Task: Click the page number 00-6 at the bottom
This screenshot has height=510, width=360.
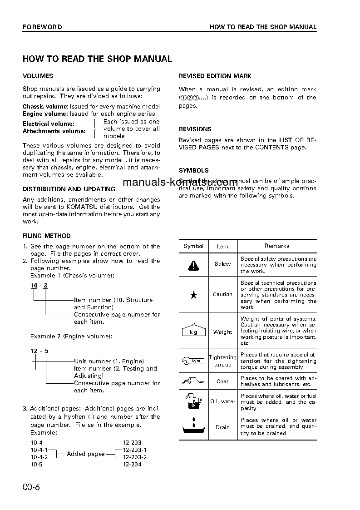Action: (x=31, y=487)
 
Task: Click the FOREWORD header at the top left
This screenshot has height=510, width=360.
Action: (x=42, y=27)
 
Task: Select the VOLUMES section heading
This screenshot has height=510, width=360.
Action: (x=38, y=76)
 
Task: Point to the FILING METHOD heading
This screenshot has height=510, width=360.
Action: (x=47, y=236)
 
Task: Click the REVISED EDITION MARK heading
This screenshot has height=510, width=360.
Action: (x=215, y=76)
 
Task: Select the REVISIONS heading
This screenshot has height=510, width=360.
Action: (x=195, y=129)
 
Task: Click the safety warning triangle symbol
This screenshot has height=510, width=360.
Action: (x=193, y=265)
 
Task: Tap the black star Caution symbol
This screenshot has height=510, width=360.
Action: (x=193, y=295)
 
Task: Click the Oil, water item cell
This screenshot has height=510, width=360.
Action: (x=222, y=401)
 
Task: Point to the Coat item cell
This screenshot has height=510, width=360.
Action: (x=222, y=381)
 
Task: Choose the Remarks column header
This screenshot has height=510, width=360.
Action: (x=277, y=246)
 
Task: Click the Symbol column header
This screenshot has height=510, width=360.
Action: (x=193, y=246)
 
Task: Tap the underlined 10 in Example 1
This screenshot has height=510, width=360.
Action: (x=34, y=285)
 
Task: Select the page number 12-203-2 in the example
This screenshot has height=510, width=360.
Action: (x=135, y=457)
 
